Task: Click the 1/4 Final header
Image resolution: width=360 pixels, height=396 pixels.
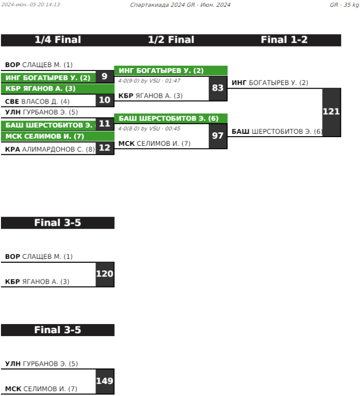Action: [58, 40]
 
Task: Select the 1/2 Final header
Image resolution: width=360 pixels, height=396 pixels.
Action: [171, 40]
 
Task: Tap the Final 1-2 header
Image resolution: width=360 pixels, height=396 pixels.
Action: [284, 40]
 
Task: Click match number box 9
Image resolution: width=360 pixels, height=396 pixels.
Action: [105, 76]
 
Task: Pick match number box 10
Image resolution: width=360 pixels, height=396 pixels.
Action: [105, 100]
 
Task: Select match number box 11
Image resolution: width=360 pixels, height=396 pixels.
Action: [105, 124]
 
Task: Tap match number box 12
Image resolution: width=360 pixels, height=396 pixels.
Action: [105, 148]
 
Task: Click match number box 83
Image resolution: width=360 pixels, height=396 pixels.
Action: [218, 88]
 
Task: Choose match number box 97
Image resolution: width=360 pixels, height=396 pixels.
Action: [218, 136]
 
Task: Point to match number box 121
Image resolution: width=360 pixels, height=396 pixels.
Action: [331, 112]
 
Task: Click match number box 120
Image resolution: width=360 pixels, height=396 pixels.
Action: [105, 274]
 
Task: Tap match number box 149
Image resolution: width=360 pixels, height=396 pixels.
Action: [105, 381]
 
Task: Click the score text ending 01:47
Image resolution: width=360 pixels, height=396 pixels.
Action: [149, 81]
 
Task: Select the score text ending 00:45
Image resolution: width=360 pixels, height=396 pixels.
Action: [149, 128]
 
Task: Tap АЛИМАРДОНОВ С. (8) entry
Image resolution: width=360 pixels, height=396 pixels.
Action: [50, 149]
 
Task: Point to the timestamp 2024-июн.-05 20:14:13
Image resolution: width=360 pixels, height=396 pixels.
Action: [30, 5]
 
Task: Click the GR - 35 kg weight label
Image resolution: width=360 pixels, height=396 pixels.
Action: [344, 5]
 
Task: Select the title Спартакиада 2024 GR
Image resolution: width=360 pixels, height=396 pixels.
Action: [180, 5]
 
